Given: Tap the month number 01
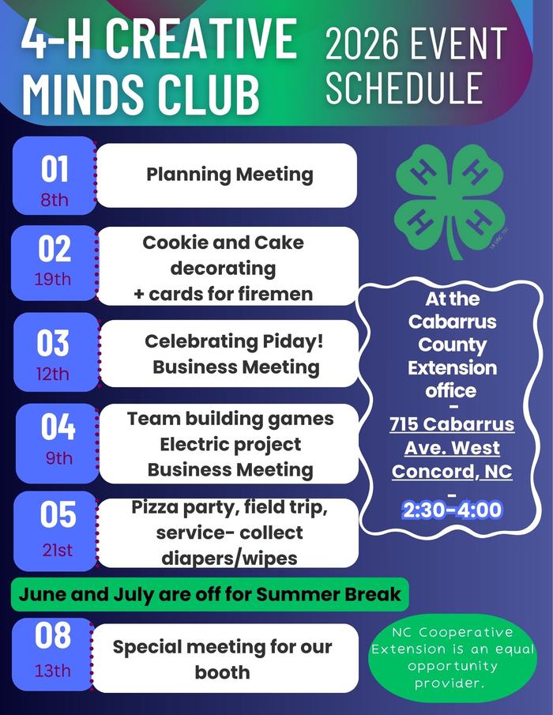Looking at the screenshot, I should click(55, 169).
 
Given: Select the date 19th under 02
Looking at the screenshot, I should click(52, 279).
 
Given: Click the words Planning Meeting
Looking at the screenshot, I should click(229, 175).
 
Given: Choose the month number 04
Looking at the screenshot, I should click(58, 427).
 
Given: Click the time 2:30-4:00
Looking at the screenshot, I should click(452, 510).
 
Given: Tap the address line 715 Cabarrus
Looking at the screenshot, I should click(452, 424).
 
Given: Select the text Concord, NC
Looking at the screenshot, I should click(452, 472).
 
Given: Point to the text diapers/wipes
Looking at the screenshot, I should click(229, 558).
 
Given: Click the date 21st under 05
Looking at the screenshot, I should click(57, 550).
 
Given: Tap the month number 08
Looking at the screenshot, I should click(53, 636).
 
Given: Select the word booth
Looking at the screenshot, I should click(222, 672).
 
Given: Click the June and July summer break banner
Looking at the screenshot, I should click(209, 593).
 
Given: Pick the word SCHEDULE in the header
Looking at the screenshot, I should click(404, 88).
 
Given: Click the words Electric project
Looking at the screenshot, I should click(230, 444).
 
